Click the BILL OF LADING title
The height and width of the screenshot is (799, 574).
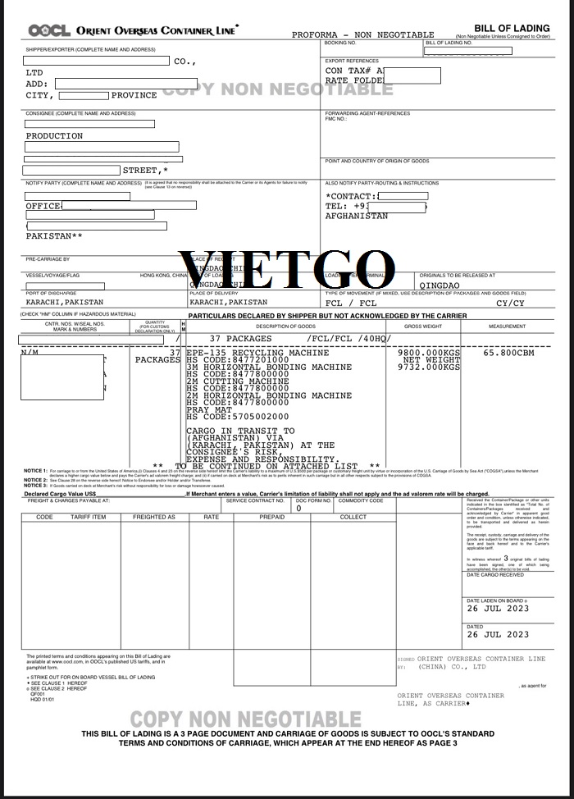tap(512, 29)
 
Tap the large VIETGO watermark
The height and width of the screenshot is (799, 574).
tap(287, 265)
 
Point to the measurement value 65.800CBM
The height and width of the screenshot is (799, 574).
tap(510, 352)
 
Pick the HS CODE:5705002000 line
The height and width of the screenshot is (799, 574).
tap(238, 417)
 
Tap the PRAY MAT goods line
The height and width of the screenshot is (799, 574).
tap(210, 409)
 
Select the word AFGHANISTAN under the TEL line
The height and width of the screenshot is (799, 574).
tap(357, 217)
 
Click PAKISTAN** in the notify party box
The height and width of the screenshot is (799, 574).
tap(54, 236)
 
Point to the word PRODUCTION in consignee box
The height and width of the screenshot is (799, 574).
tap(54, 136)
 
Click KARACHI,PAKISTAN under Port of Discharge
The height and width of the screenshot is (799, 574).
tap(65, 303)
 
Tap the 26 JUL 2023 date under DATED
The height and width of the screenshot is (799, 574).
tap(498, 634)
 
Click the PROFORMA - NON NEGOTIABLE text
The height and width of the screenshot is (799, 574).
tap(362, 35)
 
